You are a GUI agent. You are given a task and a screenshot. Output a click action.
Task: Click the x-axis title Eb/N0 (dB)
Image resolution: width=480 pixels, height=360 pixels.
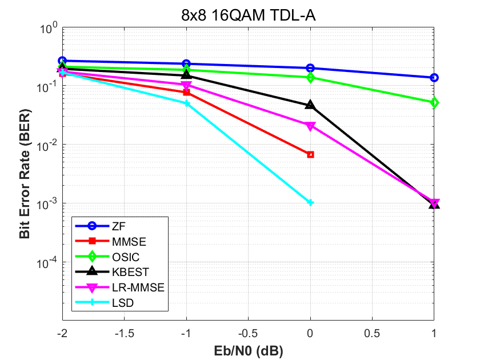pyautogui.click(x=248, y=349)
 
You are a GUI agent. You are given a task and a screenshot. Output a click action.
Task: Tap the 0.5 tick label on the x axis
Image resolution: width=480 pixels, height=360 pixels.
pyautogui.click(x=372, y=332)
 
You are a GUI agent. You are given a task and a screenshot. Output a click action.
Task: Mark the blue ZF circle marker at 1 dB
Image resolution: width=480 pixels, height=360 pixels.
pyautogui.click(x=434, y=78)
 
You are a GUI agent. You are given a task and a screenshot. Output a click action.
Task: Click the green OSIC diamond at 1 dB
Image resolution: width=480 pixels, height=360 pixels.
pyautogui.click(x=434, y=103)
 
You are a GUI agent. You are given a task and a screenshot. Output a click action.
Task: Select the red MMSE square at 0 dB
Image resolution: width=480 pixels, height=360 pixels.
pyautogui.click(x=310, y=155)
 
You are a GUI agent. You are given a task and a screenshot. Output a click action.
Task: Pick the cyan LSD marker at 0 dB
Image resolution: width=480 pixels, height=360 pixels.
pyautogui.click(x=310, y=202)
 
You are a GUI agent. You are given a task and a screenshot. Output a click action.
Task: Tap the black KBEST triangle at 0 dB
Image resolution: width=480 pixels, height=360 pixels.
pyautogui.click(x=310, y=105)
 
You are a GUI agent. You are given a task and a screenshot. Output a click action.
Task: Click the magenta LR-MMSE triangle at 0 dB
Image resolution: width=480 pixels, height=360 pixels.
pyautogui.click(x=310, y=126)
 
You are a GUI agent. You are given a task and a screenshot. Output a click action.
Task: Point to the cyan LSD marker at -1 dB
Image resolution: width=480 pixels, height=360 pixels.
pyautogui.click(x=187, y=103)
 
